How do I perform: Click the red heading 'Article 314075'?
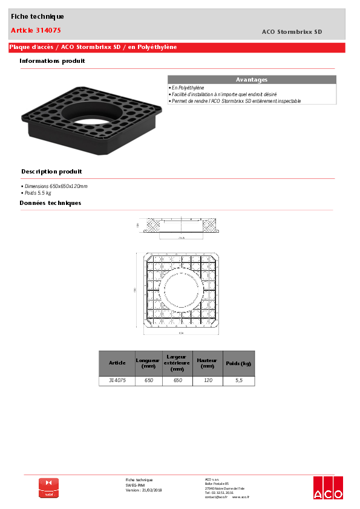point(36,30)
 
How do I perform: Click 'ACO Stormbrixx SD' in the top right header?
point(292,31)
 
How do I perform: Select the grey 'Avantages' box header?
point(251,80)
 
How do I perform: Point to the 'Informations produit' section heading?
point(52,60)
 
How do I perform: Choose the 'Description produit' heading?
point(51,171)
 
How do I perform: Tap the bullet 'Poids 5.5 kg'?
point(38,193)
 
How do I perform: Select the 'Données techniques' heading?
point(50,203)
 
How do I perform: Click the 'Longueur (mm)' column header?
point(149,363)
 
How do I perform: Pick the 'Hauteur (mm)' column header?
point(208,363)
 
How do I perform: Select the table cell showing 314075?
point(117,381)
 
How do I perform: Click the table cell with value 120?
point(208,381)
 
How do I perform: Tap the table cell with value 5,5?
point(238,381)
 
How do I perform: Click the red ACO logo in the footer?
point(327,488)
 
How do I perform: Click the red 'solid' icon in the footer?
point(48,488)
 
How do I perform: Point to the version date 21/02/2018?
point(152,490)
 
